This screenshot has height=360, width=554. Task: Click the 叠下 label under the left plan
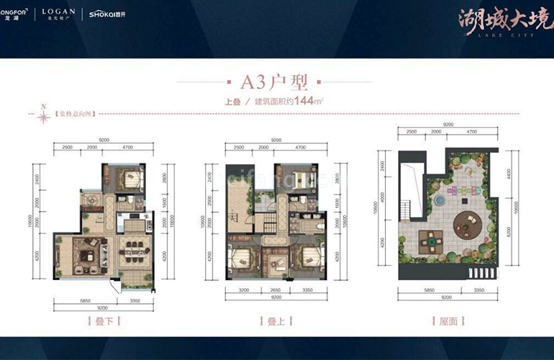[103, 319]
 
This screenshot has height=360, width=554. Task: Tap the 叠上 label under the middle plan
[276, 319]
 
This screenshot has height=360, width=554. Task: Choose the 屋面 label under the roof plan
[449, 319]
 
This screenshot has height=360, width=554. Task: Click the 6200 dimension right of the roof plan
[509, 245]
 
